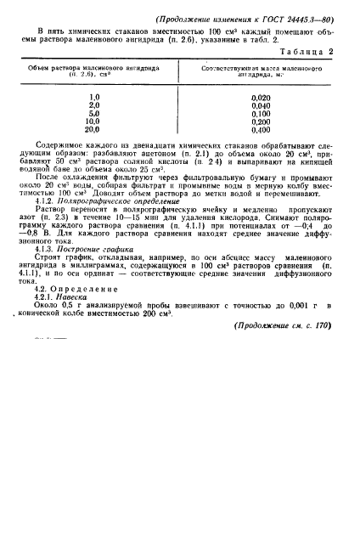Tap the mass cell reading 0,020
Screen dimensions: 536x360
(262, 97)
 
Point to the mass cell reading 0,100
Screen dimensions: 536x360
(262, 113)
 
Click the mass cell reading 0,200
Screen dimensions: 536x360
(262, 121)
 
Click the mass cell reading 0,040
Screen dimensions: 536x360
(262, 105)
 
